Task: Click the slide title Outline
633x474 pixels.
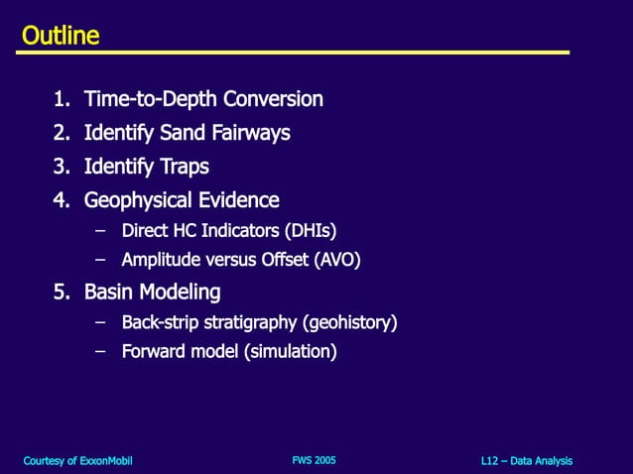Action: click(x=61, y=37)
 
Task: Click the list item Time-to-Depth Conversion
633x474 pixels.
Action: click(x=203, y=99)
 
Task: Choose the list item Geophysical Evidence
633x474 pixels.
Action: click(x=182, y=200)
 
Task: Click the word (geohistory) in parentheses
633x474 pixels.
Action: click(x=351, y=322)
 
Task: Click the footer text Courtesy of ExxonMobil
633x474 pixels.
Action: click(x=77, y=461)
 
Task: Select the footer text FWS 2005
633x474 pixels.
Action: click(x=314, y=460)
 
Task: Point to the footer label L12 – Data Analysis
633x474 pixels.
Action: click(x=526, y=461)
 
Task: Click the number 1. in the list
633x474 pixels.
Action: click(x=63, y=99)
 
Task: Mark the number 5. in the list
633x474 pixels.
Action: click(x=63, y=293)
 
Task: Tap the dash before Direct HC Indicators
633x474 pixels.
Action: click(x=99, y=232)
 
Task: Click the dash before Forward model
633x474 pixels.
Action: click(x=99, y=351)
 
